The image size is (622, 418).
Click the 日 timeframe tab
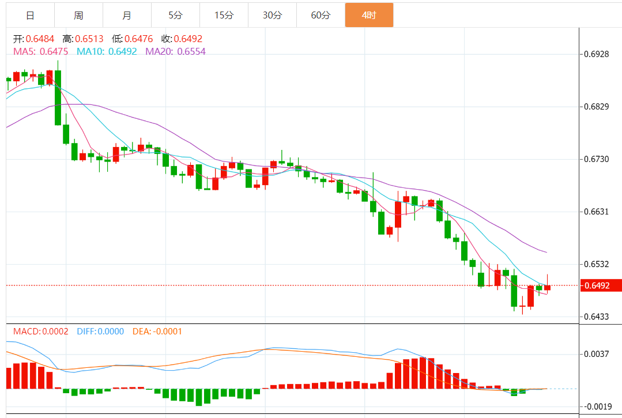30,16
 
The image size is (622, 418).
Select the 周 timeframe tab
78,16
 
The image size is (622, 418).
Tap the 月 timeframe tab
127,16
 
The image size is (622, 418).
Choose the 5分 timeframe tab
175,16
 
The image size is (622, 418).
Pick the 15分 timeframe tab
224,16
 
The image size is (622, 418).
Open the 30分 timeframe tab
272,16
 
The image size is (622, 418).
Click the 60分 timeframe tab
321,16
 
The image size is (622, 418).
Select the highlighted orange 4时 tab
369,16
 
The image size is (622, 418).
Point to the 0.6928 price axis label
596,54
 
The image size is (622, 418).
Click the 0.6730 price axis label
596,159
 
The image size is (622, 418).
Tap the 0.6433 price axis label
596,317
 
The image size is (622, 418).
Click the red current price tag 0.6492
600,285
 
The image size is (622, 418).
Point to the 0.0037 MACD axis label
596,354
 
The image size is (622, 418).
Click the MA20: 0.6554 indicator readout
175,51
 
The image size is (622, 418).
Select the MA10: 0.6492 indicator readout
107,51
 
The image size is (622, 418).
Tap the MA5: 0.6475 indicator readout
40,51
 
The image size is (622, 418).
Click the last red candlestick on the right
547,287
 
